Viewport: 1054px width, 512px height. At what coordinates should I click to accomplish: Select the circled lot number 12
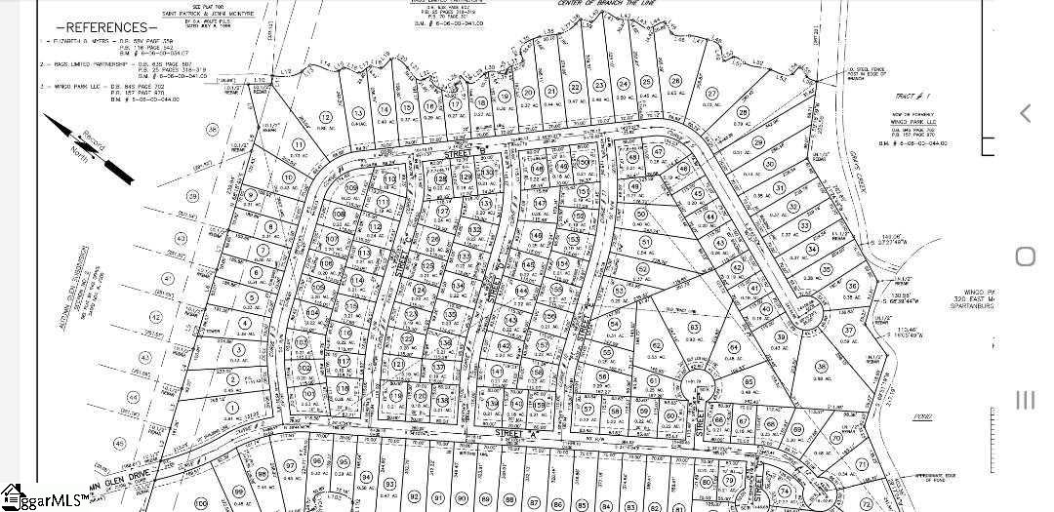tap(324, 117)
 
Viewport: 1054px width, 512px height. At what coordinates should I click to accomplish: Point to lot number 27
tap(711, 94)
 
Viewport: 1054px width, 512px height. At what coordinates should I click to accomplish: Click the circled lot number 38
tap(822, 367)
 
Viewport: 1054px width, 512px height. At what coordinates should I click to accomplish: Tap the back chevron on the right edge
tap(1025, 113)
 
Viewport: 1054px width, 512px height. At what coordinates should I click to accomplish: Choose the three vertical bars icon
tap(1025, 400)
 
